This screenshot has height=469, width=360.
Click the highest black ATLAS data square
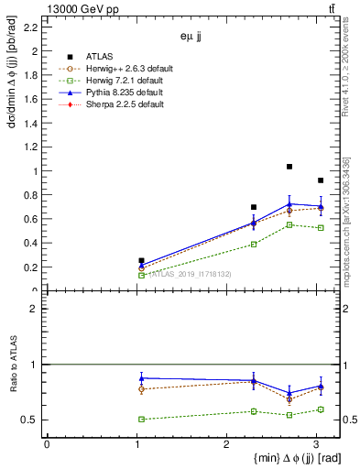(289, 167)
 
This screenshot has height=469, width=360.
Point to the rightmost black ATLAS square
(320, 180)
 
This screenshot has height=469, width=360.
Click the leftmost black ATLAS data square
(141, 261)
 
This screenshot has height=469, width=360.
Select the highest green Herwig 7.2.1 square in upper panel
(289, 224)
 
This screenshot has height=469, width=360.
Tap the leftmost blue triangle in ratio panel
(141, 377)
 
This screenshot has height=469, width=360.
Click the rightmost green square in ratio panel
(320, 409)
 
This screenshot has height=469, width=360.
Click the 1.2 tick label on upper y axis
(30, 147)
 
